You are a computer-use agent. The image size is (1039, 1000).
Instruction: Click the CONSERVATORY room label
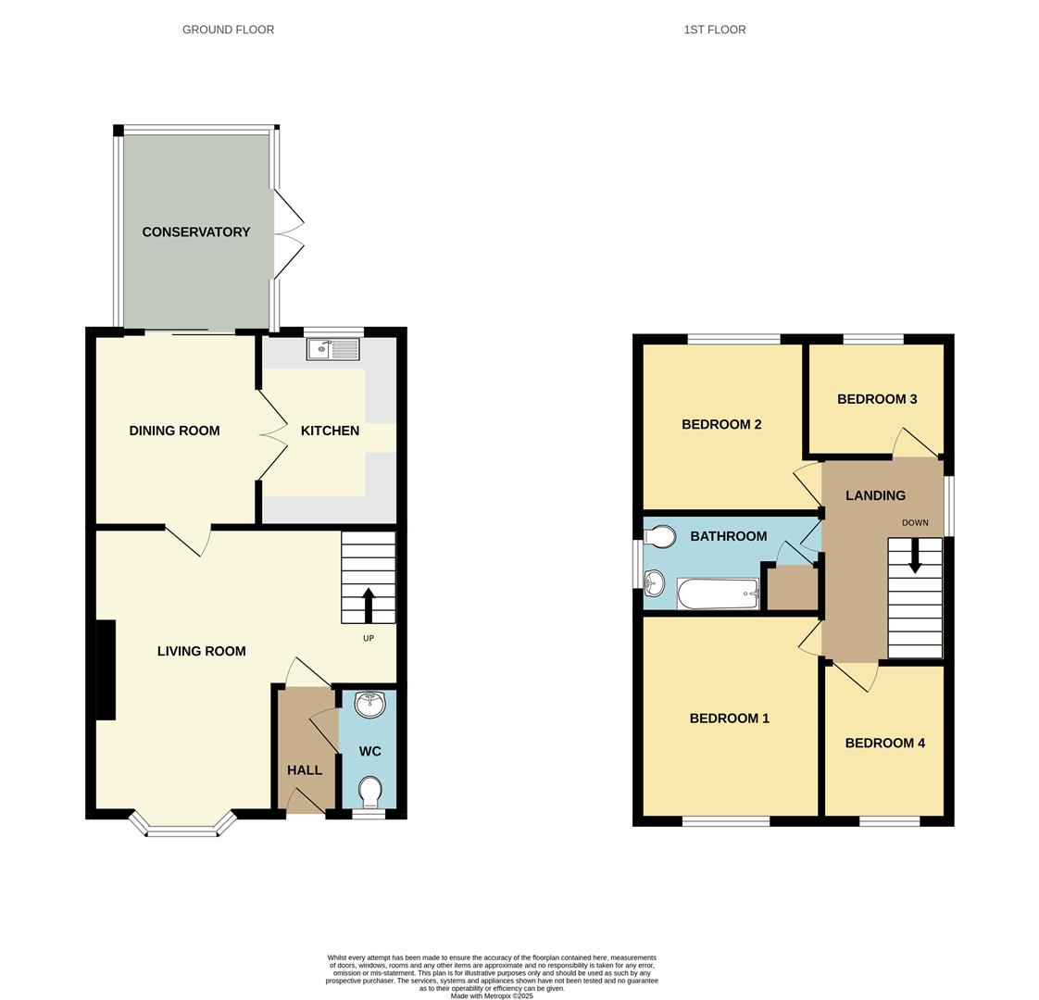[195, 232]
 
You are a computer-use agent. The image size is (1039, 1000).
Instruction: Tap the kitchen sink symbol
[332, 349]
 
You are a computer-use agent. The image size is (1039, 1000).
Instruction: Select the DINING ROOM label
[174, 431]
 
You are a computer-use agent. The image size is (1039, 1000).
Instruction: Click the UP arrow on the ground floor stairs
[368, 605]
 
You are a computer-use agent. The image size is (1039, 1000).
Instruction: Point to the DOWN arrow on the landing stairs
[915, 557]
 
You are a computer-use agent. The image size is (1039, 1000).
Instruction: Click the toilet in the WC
[369, 793]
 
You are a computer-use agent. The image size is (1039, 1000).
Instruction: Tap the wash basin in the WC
[370, 705]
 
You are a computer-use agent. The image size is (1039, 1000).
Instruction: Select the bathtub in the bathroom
[719, 594]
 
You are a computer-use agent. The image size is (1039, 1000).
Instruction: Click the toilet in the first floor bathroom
[660, 536]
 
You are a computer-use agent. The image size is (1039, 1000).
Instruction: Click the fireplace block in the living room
[105, 669]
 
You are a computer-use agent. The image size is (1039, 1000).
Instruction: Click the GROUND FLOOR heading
[228, 30]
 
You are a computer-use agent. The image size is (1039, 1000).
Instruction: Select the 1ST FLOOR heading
[714, 30]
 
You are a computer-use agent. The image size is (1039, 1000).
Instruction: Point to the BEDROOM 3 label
[876, 399]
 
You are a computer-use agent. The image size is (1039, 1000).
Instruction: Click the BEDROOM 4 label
[884, 743]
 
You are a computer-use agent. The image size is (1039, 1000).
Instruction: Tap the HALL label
[304, 770]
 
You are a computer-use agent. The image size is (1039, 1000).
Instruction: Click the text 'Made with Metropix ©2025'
[492, 995]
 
